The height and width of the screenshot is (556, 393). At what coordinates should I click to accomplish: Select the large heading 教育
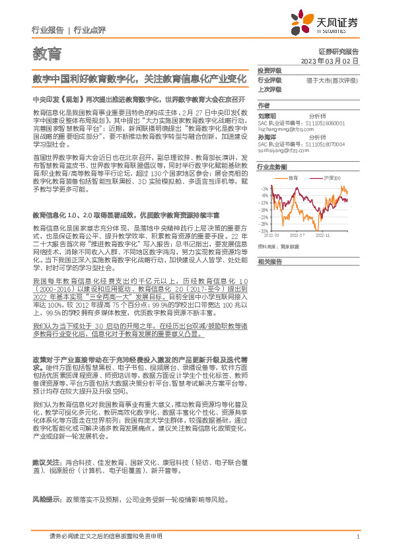click(x=46, y=52)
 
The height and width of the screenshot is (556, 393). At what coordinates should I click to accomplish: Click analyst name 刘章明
click(x=267, y=114)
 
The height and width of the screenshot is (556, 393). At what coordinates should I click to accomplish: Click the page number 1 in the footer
click(x=357, y=537)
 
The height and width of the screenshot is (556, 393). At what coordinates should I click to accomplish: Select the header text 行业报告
click(x=48, y=30)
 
